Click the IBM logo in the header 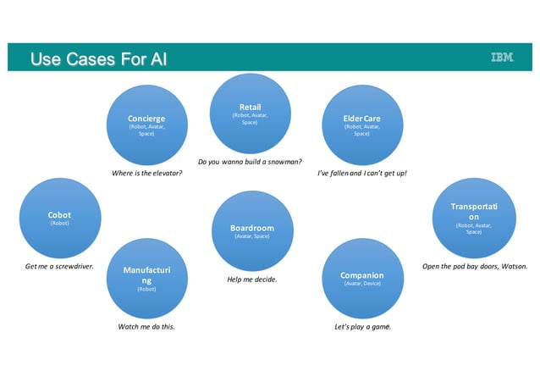(502, 58)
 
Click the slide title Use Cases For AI (98, 58)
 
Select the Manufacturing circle (146, 277)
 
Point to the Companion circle (361, 277)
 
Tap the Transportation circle (474, 219)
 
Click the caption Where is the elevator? (147, 174)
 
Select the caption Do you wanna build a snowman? (251, 161)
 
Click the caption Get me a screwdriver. (59, 267)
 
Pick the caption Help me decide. (252, 280)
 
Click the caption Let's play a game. (363, 327)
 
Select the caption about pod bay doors (474, 267)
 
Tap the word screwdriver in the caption (74, 267)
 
